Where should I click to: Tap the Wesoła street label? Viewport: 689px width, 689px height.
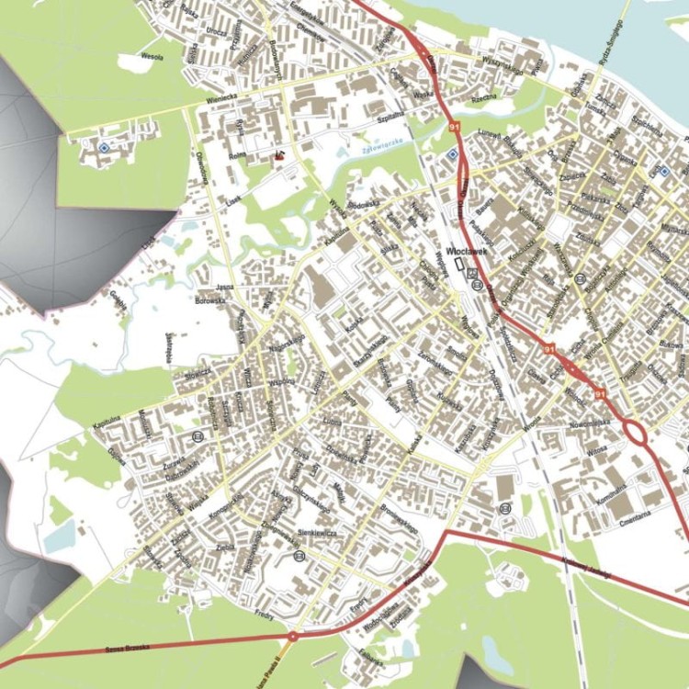pos(151,57)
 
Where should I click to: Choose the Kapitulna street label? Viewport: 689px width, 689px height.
pos(107,422)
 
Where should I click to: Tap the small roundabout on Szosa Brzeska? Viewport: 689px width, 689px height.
pos(292,635)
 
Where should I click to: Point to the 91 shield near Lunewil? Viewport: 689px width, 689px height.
pos(455,126)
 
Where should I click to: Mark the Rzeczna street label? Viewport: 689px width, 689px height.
pos(482,97)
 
